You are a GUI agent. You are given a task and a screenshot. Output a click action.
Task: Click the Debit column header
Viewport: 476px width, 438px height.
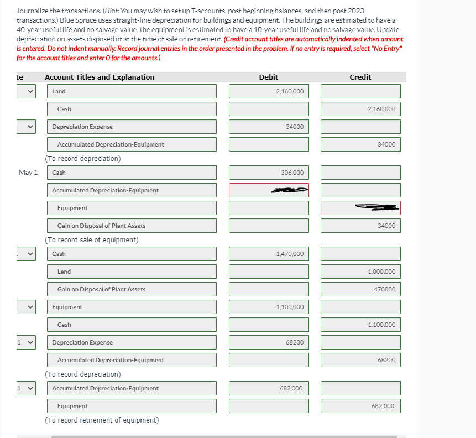pos(269,77)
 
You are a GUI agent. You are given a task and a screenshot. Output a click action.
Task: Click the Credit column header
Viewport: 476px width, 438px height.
pos(360,77)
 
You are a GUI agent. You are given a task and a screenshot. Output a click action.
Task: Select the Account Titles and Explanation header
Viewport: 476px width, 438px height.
pos(100,77)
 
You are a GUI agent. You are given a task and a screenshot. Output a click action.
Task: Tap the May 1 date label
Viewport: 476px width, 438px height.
pos(28,173)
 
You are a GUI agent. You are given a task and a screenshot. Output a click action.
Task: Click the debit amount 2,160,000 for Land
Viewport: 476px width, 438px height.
pos(290,91)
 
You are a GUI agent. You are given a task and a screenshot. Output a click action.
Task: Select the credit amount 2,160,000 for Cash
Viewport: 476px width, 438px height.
pos(381,109)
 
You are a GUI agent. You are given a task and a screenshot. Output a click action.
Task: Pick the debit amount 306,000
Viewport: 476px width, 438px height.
pos(292,173)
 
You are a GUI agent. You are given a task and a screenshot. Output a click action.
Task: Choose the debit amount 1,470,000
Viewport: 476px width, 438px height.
pos(290,254)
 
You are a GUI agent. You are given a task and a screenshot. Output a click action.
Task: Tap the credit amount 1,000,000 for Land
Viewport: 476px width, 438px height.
pos(381,272)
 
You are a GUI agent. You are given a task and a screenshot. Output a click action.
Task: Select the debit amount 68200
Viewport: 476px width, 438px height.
pos(294,342)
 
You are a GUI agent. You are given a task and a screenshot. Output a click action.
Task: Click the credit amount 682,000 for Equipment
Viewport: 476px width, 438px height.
pos(383,406)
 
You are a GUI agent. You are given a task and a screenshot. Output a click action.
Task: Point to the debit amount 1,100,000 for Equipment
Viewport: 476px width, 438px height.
pos(290,307)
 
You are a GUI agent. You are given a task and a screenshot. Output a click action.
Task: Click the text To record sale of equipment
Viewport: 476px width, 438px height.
pos(92,240)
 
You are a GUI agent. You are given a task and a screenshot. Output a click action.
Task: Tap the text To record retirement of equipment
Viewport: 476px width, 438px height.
pos(102,420)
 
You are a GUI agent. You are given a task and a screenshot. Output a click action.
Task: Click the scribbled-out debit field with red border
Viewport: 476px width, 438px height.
pos(269,190)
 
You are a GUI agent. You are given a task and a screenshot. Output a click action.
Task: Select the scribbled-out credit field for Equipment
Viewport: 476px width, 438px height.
pos(360,208)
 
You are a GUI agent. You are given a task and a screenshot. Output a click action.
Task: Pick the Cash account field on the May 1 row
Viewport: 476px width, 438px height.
pos(132,173)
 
